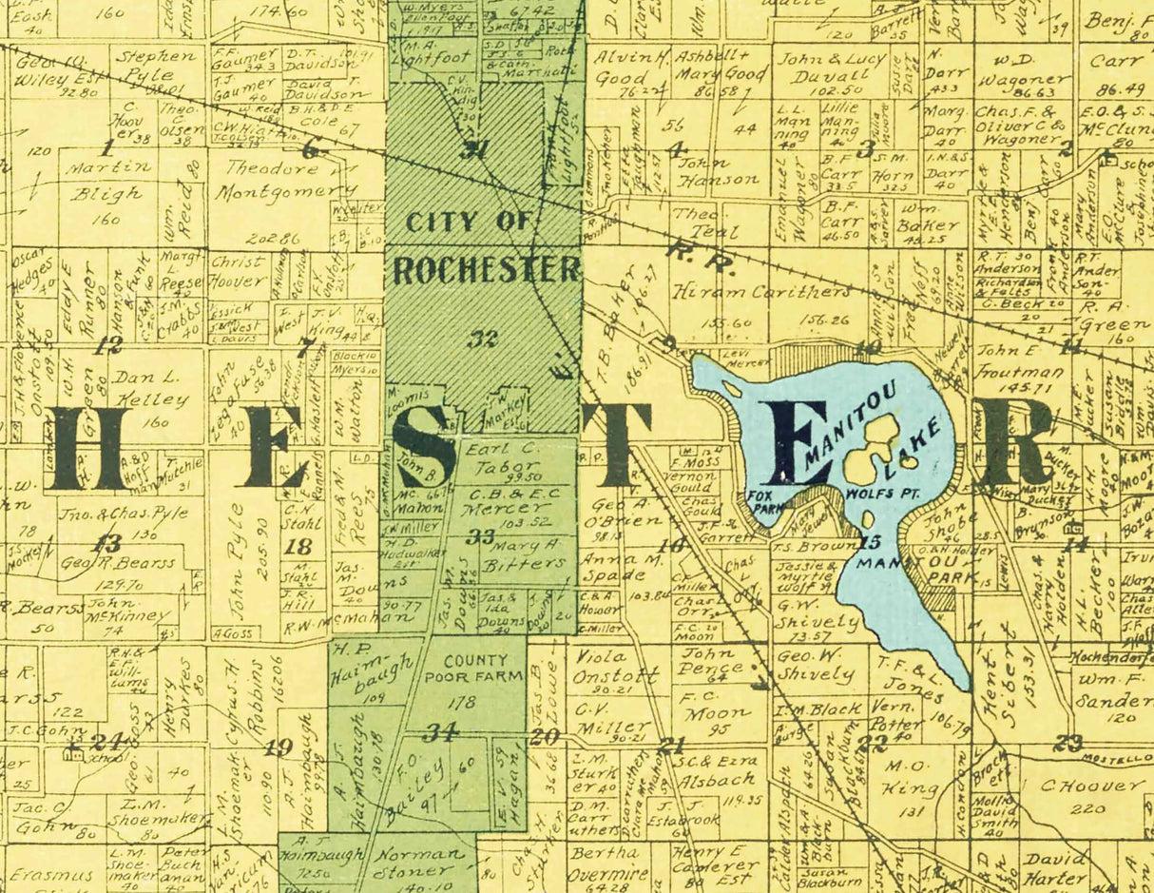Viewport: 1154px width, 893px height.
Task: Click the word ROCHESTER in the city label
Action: (x=486, y=270)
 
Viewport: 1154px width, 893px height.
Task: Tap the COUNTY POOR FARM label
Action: (x=473, y=669)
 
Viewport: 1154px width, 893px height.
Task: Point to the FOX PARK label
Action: (x=762, y=500)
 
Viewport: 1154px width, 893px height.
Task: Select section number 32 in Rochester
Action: (x=482, y=338)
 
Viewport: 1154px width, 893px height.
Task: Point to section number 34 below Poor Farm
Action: (x=441, y=730)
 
